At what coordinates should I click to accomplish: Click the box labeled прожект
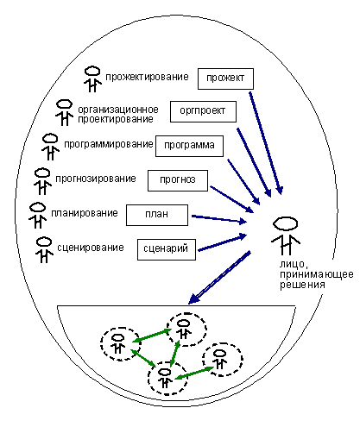[x=225, y=78]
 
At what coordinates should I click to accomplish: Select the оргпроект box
[x=203, y=111]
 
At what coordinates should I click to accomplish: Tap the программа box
[x=189, y=146]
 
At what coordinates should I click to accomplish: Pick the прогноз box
[x=178, y=180]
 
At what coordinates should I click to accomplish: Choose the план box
[x=157, y=215]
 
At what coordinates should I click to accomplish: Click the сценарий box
[x=167, y=249]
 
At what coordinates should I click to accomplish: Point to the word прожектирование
[x=147, y=77]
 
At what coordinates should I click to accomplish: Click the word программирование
[x=109, y=144]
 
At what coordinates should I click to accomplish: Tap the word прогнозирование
[x=96, y=179]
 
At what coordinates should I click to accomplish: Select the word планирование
[x=85, y=213]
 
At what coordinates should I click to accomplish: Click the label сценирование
[x=91, y=248]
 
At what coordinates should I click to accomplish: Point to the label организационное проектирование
[x=118, y=114]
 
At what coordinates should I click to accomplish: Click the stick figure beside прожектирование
[x=92, y=79]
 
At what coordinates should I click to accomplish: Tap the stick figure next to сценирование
[x=44, y=250]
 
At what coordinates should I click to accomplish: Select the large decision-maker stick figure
[x=286, y=235]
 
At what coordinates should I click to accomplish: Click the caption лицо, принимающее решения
[x=317, y=274]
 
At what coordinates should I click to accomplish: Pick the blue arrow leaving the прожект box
[x=266, y=143]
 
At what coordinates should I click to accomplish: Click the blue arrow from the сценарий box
[x=222, y=243]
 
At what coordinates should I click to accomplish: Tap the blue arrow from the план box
[x=219, y=219]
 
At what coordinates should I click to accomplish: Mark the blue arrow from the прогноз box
[x=232, y=199]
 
